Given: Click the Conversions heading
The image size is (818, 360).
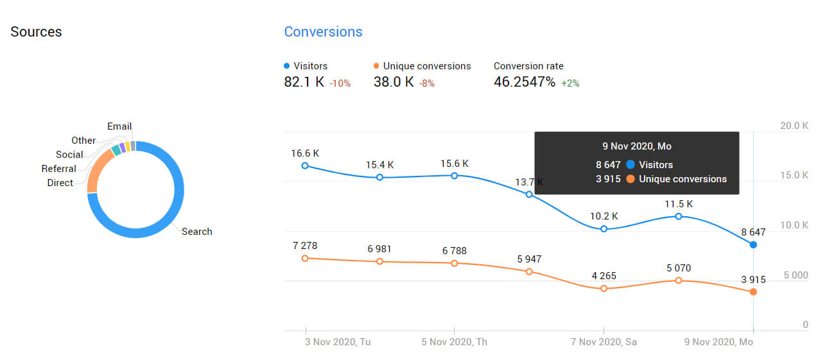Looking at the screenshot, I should coord(323,32).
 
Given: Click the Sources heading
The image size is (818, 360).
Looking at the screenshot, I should coord(36,32).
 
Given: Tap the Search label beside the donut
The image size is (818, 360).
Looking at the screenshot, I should coord(196,232).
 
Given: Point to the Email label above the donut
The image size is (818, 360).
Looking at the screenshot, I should coord(119,126).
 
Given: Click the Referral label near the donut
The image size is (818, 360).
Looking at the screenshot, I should coord(58,169).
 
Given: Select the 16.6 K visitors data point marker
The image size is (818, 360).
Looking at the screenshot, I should coord(305,166).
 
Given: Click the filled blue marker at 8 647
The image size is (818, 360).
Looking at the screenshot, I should coord(753,245).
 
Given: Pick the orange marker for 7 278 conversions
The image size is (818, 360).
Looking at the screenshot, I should coord(305,258).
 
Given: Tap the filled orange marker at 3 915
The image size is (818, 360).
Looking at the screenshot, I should coord(753,292).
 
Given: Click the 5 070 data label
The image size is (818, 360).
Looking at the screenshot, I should coord(679,268).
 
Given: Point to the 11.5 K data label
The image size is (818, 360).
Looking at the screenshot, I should coord(679,204).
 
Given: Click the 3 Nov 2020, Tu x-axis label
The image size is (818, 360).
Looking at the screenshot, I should coord(337,342).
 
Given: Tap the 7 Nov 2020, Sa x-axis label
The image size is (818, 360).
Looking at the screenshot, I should coord(604,342).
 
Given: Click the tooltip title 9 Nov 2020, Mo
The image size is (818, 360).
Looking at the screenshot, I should coord(636,146).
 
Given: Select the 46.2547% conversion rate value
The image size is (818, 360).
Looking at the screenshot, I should coord(524,82).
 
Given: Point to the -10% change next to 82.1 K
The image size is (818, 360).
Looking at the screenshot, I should coord(340,83).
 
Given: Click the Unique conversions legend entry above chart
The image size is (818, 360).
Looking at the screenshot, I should coord(426,66).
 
